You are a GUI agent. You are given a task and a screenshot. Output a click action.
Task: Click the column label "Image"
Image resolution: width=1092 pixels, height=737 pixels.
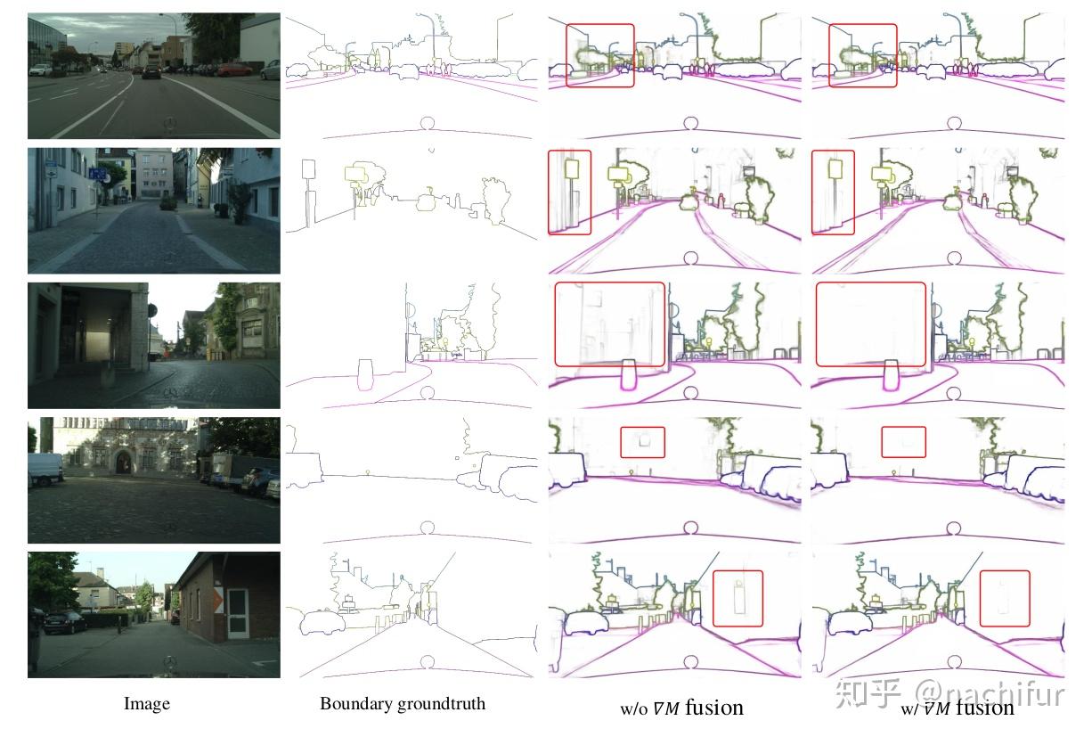click(x=146, y=704)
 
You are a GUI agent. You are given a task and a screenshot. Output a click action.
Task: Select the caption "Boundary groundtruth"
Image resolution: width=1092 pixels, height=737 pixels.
click(x=403, y=704)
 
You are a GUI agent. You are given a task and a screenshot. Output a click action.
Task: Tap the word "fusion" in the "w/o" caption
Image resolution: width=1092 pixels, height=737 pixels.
click(x=713, y=708)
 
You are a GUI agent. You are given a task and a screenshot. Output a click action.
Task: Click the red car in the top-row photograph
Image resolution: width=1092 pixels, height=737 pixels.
click(x=234, y=70)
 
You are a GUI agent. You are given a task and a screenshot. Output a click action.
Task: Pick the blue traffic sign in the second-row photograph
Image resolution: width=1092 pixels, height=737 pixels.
click(x=95, y=173)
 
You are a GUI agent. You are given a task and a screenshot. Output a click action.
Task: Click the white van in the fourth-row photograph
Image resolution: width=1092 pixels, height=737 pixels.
click(x=45, y=468)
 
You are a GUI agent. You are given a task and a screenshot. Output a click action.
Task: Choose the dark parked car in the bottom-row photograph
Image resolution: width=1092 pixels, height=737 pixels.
click(x=65, y=621)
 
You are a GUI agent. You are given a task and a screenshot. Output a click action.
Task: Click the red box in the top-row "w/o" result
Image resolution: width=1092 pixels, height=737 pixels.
click(x=600, y=55)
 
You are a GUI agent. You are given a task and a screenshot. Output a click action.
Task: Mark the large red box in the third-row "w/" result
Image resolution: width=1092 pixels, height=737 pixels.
click(x=870, y=324)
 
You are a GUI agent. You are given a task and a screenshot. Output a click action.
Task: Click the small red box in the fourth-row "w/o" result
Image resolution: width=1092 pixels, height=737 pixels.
click(x=642, y=442)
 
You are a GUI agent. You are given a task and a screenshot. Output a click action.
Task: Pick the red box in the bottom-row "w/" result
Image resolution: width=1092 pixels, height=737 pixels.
click(x=1005, y=599)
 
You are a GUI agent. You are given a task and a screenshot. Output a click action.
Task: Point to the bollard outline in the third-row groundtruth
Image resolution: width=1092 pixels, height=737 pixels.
click(x=363, y=374)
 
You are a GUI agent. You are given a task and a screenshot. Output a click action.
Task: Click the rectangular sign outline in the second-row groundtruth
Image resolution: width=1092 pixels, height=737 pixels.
click(x=309, y=169)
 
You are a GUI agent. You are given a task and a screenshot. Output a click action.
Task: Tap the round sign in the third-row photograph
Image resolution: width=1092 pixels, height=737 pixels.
click(x=151, y=310)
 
